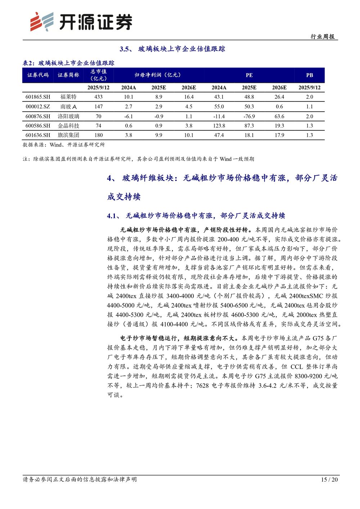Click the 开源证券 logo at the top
click(x=81, y=22)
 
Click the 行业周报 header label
click(x=323, y=37)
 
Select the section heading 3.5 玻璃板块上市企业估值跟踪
click(x=172, y=49)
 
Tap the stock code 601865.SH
click(x=38, y=97)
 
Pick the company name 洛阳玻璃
click(x=68, y=116)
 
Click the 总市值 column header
click(x=98, y=75)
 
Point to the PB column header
click(x=309, y=75)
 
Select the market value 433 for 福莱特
click(x=98, y=97)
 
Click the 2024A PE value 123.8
click(x=219, y=126)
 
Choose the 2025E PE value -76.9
click(x=249, y=116)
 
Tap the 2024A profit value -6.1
click(x=129, y=116)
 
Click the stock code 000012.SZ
click(x=38, y=107)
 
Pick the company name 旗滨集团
click(x=68, y=135)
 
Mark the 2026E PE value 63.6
click(x=279, y=116)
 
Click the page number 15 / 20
click(x=329, y=479)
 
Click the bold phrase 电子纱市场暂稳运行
click(x=148, y=338)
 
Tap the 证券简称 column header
click(x=68, y=75)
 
